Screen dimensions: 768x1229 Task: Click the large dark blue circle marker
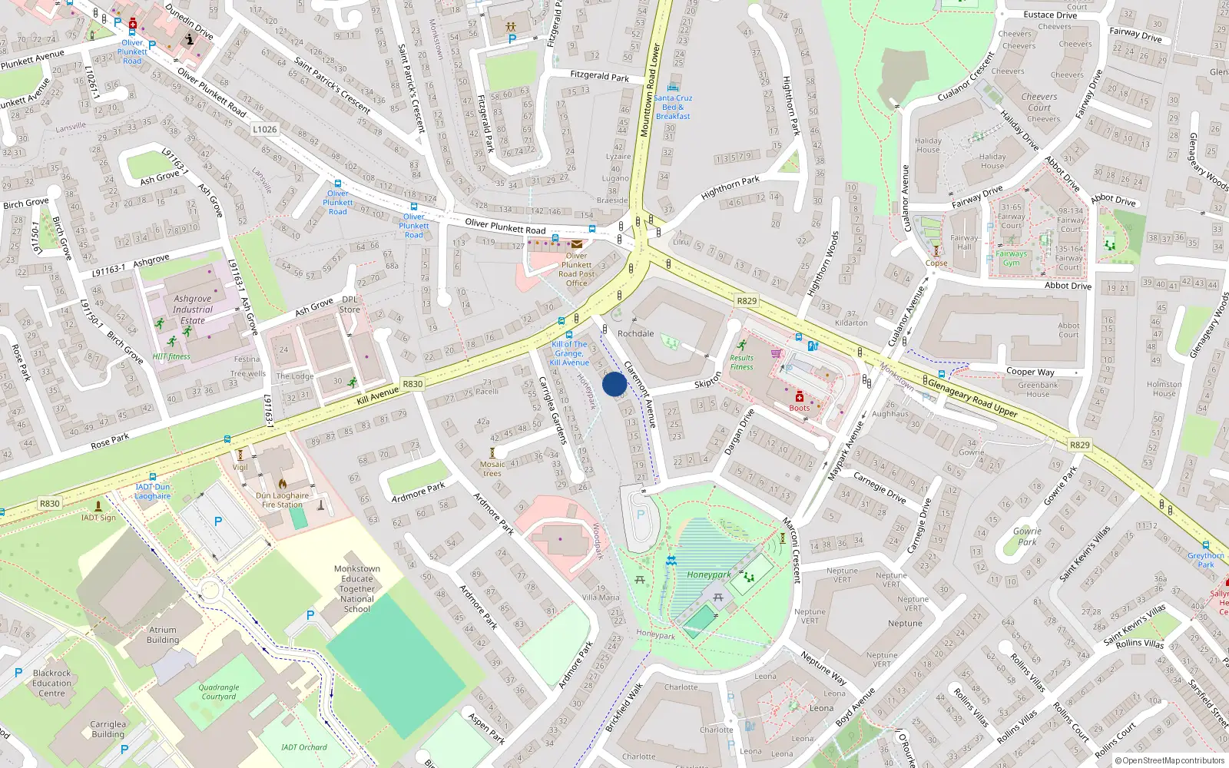pyautogui.click(x=614, y=384)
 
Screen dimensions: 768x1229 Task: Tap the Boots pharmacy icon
pyautogui.click(x=799, y=396)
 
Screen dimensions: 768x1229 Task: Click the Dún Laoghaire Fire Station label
pyautogui.click(x=282, y=500)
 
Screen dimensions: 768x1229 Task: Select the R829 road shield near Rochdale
pyautogui.click(x=746, y=301)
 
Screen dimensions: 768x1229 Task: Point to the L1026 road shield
pyautogui.click(x=264, y=129)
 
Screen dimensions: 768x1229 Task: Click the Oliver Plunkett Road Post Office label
pyautogui.click(x=576, y=270)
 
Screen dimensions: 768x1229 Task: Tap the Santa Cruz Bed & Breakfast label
pyautogui.click(x=673, y=107)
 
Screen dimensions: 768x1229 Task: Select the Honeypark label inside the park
pyautogui.click(x=708, y=574)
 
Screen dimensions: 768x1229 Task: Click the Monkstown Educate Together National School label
pyautogui.click(x=357, y=589)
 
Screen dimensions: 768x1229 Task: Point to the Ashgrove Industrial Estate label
pyautogui.click(x=193, y=310)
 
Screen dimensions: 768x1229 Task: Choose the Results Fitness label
pyautogui.click(x=741, y=362)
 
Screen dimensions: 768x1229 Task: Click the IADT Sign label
pyautogui.click(x=98, y=518)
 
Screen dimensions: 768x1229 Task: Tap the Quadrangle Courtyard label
pyautogui.click(x=219, y=692)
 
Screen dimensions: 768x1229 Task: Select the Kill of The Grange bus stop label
pyautogui.click(x=569, y=353)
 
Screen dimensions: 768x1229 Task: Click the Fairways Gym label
pyautogui.click(x=1011, y=258)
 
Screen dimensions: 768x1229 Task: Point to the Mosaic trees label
pyautogui.click(x=492, y=468)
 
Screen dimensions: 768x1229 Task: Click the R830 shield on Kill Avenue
pyautogui.click(x=412, y=384)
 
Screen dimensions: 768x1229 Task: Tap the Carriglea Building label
pyautogui.click(x=108, y=729)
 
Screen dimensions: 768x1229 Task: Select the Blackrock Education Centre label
pyautogui.click(x=51, y=683)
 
